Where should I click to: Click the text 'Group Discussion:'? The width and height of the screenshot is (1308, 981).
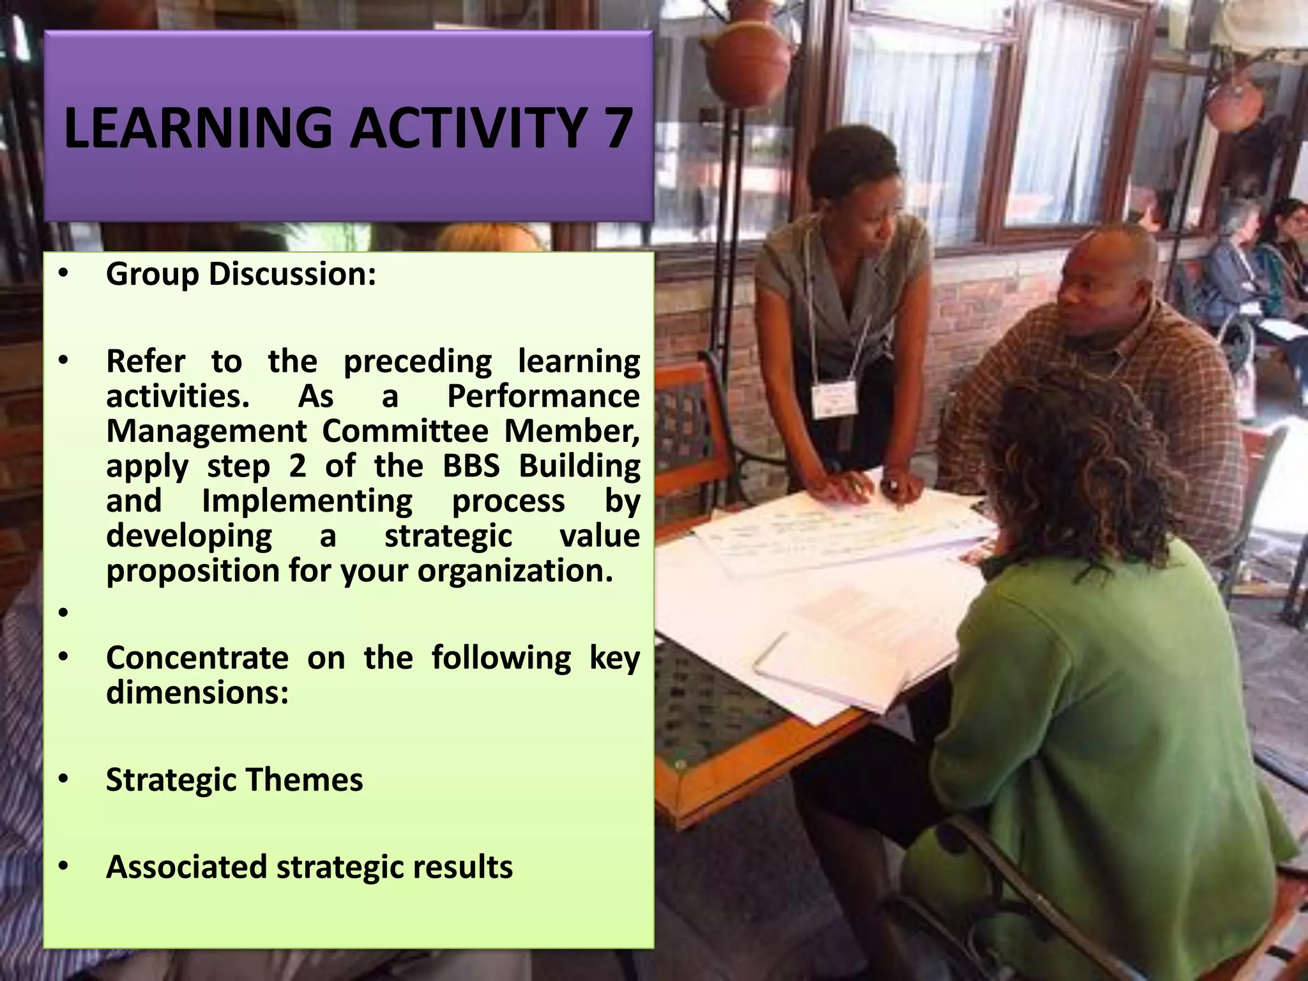click(x=241, y=274)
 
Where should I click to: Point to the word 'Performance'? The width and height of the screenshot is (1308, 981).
click(x=543, y=396)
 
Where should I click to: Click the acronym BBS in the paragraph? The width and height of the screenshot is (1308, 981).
click(x=471, y=466)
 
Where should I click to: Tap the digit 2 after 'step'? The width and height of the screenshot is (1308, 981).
click(x=297, y=466)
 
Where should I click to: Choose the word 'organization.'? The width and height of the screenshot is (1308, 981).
click(x=515, y=570)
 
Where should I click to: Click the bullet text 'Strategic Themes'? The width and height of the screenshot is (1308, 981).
click(x=234, y=780)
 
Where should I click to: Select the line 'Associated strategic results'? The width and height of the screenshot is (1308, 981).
click(x=309, y=867)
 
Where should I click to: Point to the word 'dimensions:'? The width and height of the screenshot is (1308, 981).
click(x=197, y=692)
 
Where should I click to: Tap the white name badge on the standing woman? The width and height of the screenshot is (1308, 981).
click(x=833, y=400)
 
